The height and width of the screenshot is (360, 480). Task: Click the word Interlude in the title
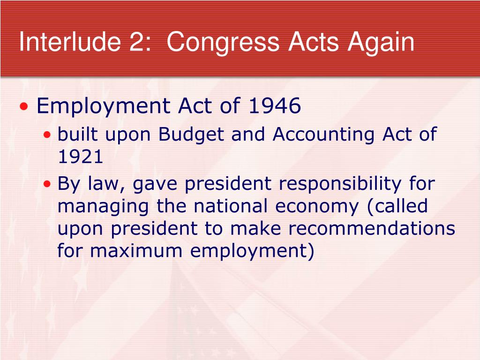click(x=70, y=42)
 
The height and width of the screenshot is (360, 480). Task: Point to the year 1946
click(x=275, y=105)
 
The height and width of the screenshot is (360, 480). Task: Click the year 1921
click(x=80, y=157)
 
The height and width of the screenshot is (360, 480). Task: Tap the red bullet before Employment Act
click(x=24, y=106)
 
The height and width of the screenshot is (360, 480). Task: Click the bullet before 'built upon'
click(x=47, y=135)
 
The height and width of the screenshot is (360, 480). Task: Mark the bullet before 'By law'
click(x=47, y=184)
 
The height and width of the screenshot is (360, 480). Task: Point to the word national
click(x=231, y=206)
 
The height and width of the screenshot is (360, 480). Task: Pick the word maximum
click(x=136, y=251)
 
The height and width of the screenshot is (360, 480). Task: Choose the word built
click(x=77, y=135)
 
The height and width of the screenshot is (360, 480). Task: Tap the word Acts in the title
click(x=314, y=42)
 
